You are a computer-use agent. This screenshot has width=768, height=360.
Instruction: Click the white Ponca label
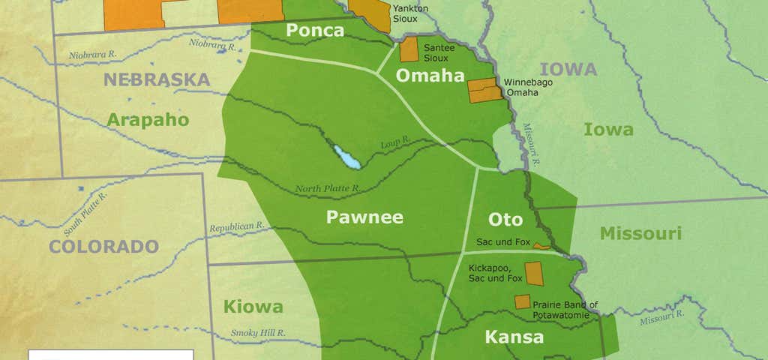(316, 31)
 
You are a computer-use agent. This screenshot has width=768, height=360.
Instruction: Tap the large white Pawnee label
(364, 217)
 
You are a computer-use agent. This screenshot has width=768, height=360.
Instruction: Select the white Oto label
(505, 220)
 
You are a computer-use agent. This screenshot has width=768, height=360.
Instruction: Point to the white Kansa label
(514, 337)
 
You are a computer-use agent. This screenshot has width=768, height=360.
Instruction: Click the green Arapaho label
(148, 119)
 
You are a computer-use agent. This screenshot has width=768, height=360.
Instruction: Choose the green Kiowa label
(253, 307)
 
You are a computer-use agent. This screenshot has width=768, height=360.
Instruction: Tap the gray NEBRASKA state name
(156, 80)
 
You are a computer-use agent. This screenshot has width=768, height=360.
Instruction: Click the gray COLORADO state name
(103, 246)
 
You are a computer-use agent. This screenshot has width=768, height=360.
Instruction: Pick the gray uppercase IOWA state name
(568, 70)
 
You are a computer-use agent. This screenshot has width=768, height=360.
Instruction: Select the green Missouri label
(640, 233)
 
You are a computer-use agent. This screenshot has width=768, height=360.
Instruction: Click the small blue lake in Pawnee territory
(346, 157)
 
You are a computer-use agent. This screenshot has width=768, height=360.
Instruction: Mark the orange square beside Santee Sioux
(409, 50)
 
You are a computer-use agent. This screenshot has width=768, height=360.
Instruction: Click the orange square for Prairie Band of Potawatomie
(522, 301)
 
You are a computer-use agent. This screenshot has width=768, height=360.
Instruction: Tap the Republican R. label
(236, 226)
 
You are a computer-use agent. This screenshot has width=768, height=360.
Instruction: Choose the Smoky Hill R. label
(258, 332)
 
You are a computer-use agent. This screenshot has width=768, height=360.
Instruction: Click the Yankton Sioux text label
(411, 13)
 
